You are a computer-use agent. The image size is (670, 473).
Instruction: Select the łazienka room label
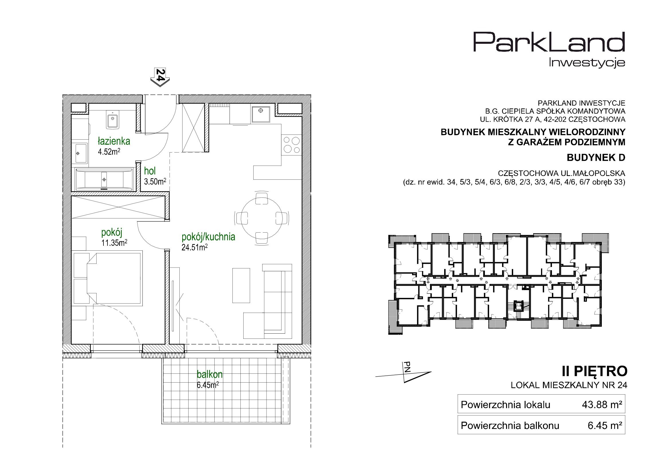(114, 141)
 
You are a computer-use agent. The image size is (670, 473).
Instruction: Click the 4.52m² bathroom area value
(109, 152)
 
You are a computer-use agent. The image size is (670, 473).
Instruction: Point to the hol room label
(150, 171)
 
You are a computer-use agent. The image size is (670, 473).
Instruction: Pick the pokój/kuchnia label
(208, 237)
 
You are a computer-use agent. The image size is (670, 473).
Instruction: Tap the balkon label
(209, 374)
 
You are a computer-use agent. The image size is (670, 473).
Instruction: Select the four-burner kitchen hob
(292, 145)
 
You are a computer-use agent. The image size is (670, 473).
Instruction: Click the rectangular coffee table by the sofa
(241, 286)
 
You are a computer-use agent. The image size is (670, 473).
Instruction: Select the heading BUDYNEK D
(596, 158)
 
